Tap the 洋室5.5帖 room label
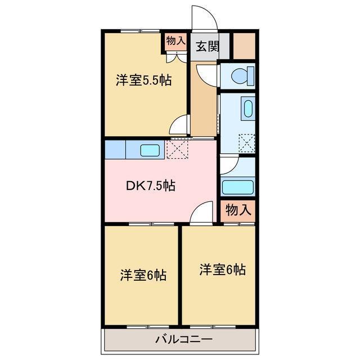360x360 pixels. pos(143,80)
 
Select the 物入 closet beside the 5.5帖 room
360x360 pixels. pos(175,41)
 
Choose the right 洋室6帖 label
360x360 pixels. pos(222,269)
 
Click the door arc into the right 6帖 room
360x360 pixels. pos(201,213)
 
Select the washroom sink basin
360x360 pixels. pos(247,108)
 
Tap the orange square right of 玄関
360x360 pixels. pos(244,47)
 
